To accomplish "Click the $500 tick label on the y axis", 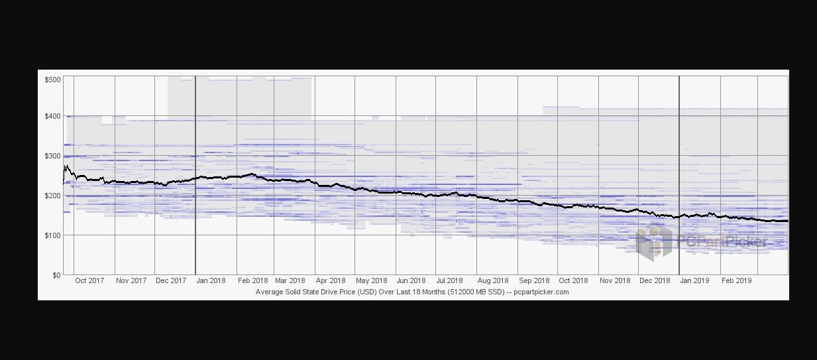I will click(52, 80).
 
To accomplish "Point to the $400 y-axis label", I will click(52, 116).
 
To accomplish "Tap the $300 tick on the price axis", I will click(52, 156).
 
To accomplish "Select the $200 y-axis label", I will click(52, 196).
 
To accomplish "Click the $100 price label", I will click(52, 235).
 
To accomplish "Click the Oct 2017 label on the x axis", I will click(89, 280).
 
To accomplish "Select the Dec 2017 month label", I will click(171, 280).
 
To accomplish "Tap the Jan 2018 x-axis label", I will click(211, 280).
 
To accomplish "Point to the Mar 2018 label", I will click(290, 280).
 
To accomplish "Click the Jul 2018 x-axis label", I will click(450, 280).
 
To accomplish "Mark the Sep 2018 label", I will click(534, 280).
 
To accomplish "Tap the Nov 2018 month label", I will click(614, 280).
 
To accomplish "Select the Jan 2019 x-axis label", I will click(695, 280).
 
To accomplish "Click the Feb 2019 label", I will click(736, 280).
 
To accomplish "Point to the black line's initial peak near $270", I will click(66, 166).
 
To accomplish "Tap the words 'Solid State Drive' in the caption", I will click(319, 292).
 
